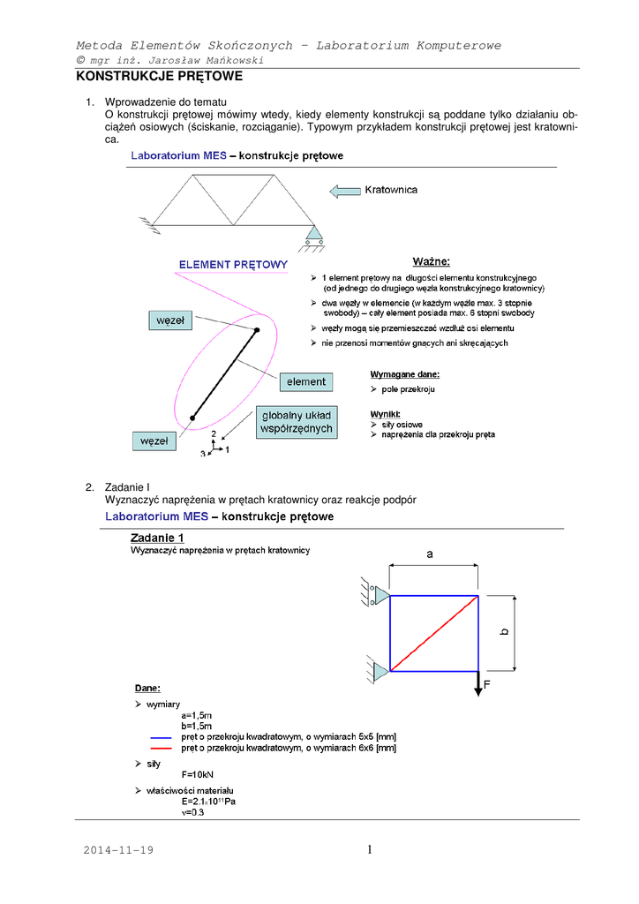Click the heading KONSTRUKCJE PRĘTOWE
(x=159, y=77)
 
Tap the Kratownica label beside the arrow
(x=391, y=190)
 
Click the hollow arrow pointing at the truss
(x=344, y=190)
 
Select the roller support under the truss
(x=313, y=235)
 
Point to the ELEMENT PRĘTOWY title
(x=233, y=265)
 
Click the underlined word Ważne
(x=431, y=261)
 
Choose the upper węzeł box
(x=169, y=321)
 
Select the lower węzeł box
(x=154, y=439)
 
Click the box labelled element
(x=306, y=382)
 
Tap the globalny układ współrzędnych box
(x=297, y=422)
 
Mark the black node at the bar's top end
(x=257, y=330)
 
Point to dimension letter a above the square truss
(x=430, y=554)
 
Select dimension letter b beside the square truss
(x=504, y=632)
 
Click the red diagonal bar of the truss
(x=434, y=633)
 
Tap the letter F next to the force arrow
(x=486, y=683)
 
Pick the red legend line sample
(x=161, y=749)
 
